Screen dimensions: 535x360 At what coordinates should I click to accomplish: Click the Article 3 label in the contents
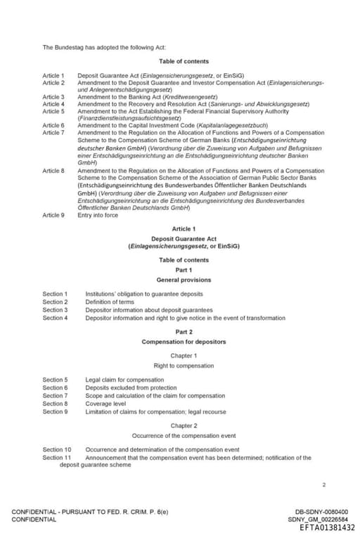(x=53, y=97)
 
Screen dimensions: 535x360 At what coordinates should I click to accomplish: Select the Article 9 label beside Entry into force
(x=53, y=215)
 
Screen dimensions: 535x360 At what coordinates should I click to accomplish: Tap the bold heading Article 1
(x=184, y=229)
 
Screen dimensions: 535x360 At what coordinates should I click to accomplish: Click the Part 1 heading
(x=184, y=270)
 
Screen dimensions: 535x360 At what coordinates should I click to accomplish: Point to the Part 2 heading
(x=184, y=331)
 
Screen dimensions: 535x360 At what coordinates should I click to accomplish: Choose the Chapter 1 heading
(x=184, y=356)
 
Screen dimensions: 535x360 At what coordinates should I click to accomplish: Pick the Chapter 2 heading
(x=184, y=425)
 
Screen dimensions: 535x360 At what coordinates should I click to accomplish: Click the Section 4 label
(x=55, y=318)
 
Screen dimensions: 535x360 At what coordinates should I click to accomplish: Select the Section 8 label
(x=55, y=404)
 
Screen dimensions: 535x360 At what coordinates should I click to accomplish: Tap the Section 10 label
(x=56, y=449)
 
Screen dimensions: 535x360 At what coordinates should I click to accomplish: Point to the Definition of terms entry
(x=110, y=302)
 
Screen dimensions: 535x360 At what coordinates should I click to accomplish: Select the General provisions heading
(x=184, y=280)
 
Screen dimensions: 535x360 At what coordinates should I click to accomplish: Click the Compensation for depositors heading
(x=184, y=342)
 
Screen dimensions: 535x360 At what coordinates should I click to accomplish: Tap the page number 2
(x=323, y=484)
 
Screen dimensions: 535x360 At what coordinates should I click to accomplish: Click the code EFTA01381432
(x=327, y=528)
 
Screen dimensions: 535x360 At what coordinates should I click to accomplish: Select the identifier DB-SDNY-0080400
(x=321, y=512)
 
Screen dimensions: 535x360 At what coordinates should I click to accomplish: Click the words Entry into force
(x=98, y=215)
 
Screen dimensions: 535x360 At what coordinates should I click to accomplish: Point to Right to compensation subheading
(x=184, y=366)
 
